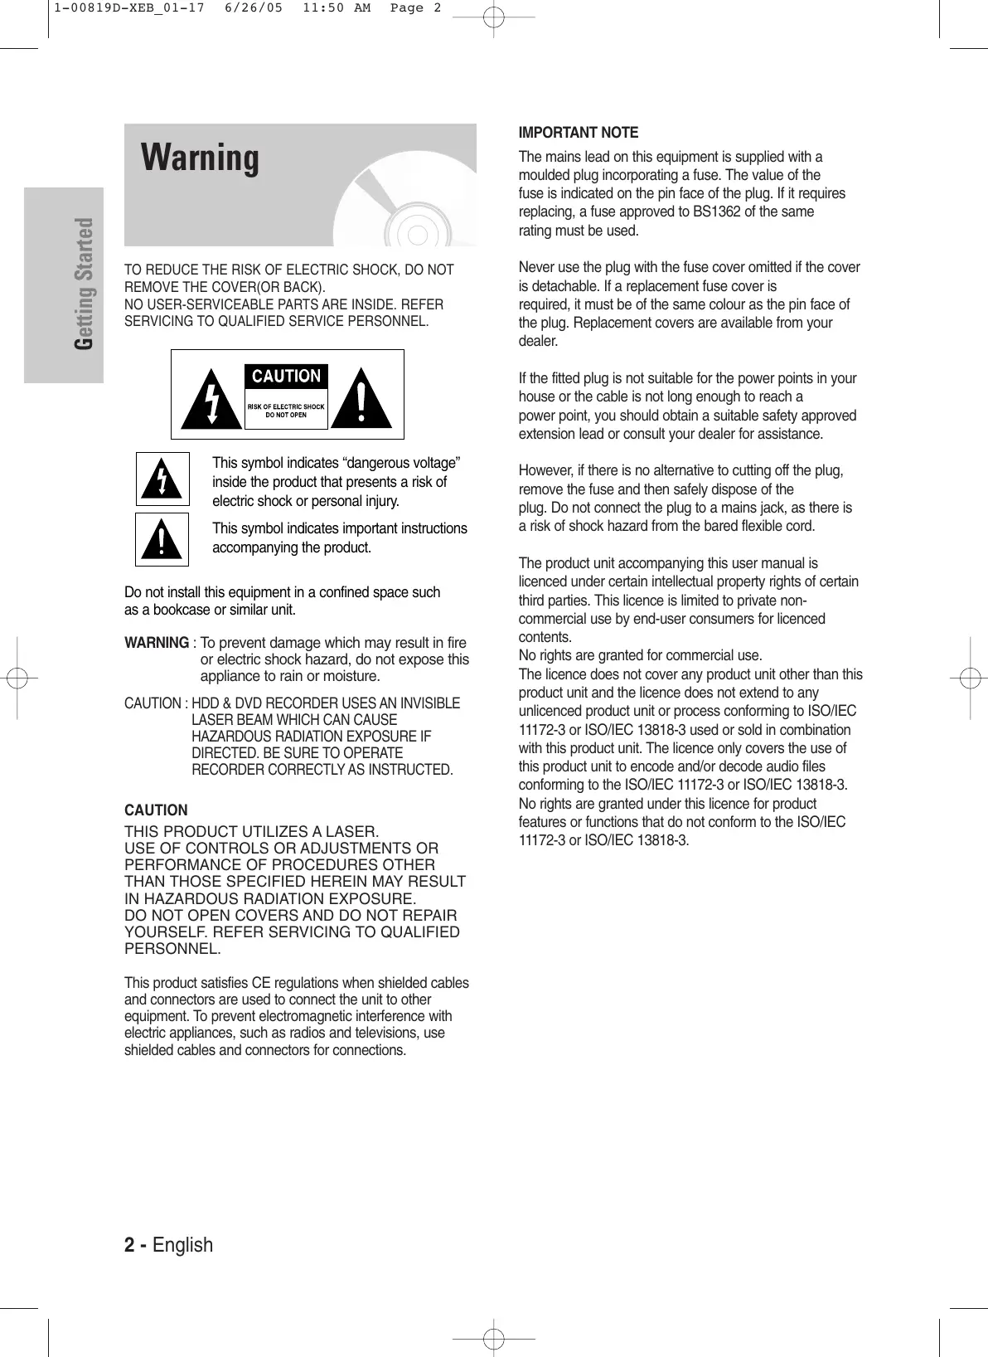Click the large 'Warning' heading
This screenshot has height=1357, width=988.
point(200,158)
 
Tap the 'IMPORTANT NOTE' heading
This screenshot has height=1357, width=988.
point(578,133)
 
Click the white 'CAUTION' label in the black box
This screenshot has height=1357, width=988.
point(286,377)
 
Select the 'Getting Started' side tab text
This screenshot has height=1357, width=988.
point(84,284)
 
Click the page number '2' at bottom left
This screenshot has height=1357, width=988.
point(129,1245)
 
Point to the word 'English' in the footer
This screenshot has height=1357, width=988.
point(182,1245)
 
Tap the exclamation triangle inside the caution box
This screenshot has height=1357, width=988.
point(361,399)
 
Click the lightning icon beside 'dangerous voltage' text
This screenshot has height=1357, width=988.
point(162,479)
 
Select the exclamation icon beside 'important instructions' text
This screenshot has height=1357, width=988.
point(162,540)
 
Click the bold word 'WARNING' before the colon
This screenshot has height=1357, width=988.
point(157,643)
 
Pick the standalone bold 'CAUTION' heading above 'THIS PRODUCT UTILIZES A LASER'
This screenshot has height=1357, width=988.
point(156,810)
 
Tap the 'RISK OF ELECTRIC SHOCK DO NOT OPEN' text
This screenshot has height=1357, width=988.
point(286,411)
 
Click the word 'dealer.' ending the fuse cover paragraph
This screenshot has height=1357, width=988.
point(538,341)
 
